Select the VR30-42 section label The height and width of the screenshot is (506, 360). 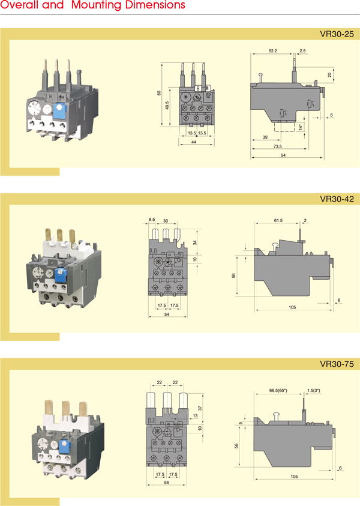(338, 199)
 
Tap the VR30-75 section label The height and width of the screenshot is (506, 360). (338, 364)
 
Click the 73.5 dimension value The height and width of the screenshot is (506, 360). (277, 146)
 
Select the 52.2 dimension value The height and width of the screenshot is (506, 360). (272, 52)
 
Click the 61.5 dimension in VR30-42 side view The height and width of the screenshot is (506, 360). (278, 221)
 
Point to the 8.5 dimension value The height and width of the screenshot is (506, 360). (152, 220)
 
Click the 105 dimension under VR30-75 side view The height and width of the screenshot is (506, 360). (293, 476)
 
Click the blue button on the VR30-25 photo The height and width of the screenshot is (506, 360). (59, 111)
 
